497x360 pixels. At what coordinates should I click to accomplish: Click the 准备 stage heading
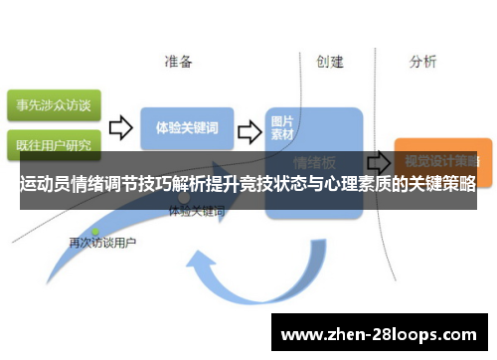178,62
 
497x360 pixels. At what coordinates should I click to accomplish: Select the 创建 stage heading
329,62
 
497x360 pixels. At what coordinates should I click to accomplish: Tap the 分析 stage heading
422,62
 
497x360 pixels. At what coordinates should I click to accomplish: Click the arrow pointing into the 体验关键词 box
120,127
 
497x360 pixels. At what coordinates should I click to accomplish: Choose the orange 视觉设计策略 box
436,158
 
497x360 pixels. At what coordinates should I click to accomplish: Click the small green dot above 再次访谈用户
95,231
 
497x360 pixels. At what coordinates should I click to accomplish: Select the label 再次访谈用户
102,243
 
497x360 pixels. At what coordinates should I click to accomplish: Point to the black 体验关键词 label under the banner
197,212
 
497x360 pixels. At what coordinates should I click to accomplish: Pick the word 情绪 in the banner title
98,185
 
